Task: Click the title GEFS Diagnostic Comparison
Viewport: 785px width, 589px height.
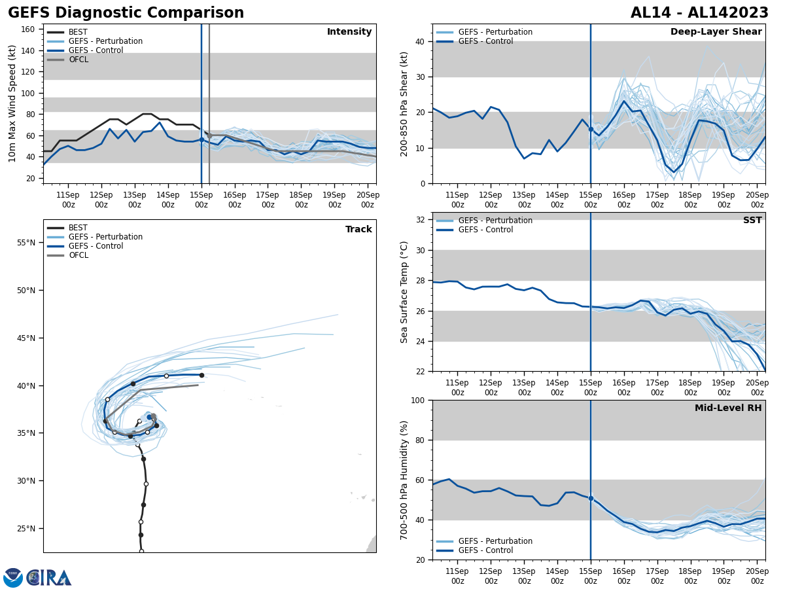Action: click(126, 13)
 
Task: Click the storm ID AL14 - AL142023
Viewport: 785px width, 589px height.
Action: click(699, 13)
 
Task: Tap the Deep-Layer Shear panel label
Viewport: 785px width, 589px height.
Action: click(716, 32)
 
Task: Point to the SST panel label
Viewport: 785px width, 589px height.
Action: click(752, 221)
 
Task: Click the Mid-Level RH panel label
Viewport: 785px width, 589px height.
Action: click(727, 408)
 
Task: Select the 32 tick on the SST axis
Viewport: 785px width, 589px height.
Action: click(421, 220)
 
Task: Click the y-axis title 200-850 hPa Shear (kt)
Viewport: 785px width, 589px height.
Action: click(404, 103)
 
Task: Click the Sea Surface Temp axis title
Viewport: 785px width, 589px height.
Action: click(404, 292)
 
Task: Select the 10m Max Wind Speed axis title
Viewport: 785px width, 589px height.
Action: click(12, 103)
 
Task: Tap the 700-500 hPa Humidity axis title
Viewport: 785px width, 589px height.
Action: click(404, 480)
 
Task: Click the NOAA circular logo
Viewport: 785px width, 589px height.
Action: click(13, 577)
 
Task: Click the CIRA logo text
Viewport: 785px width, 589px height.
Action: click(50, 577)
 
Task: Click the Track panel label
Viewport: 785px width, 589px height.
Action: click(358, 230)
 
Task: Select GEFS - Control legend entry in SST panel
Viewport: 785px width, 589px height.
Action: click(485, 230)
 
